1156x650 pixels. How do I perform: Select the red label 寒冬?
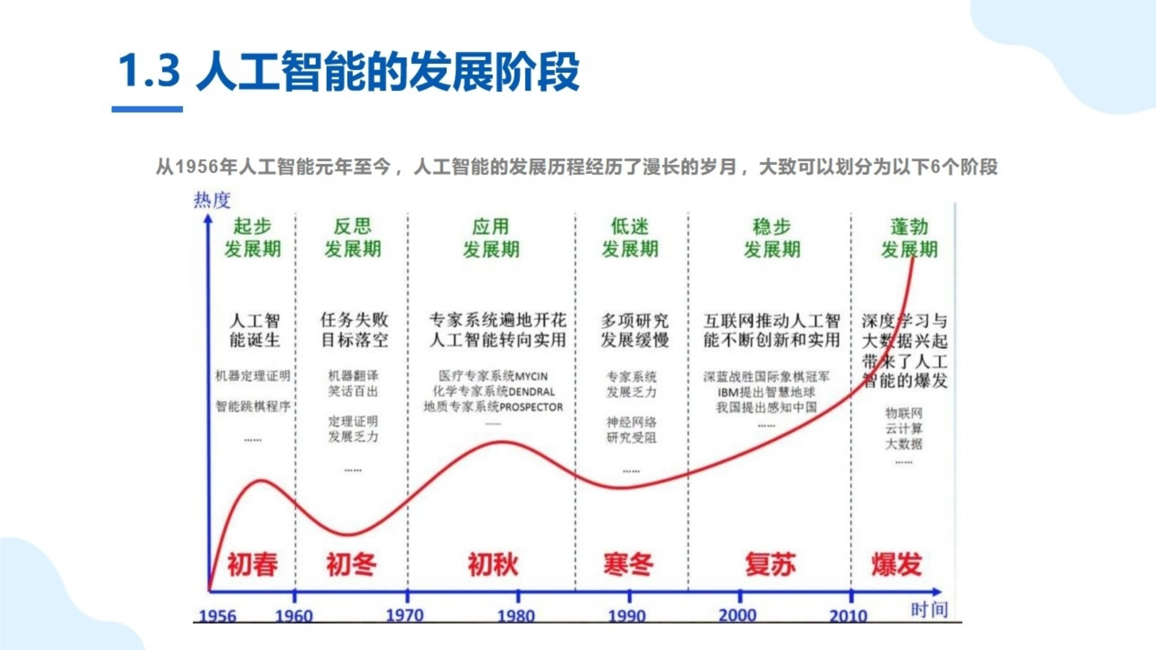[x=628, y=564]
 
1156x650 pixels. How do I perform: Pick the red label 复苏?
[x=771, y=564]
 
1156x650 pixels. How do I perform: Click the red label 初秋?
[x=493, y=564]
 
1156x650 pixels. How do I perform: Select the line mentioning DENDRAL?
[x=493, y=392]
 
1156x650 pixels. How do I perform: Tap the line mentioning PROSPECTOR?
[x=493, y=407]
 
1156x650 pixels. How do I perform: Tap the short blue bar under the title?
[x=147, y=109]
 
